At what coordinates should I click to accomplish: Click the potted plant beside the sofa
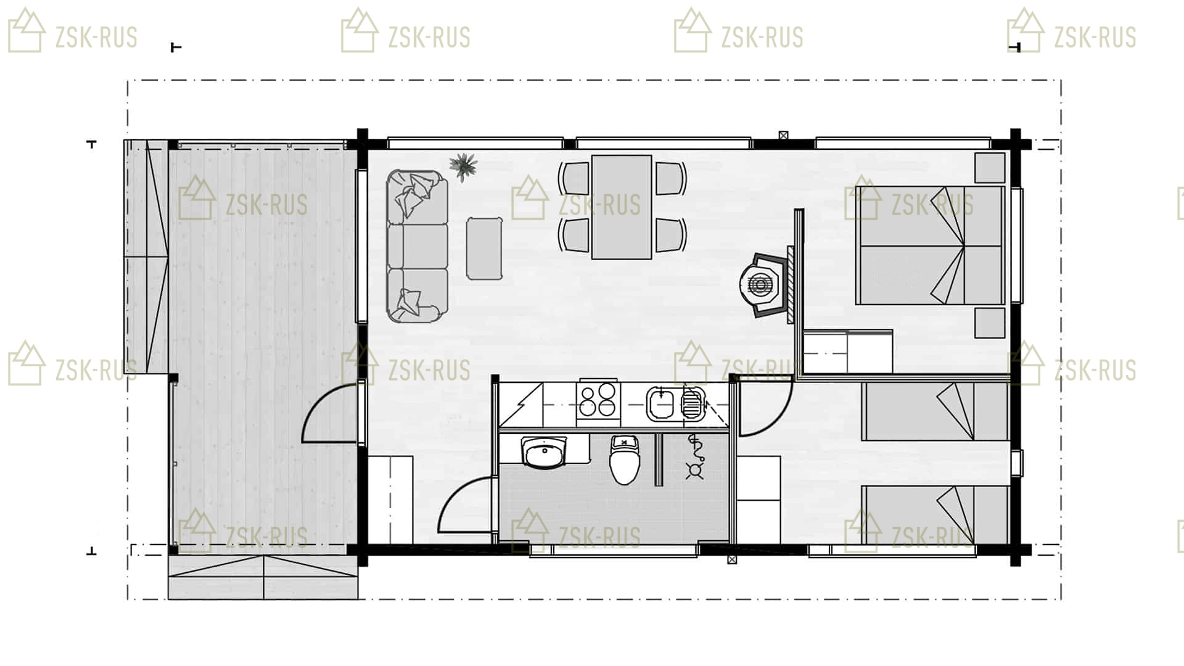coord(463,166)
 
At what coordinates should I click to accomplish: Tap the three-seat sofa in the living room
coord(417,247)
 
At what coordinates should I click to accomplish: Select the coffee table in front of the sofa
coord(484,248)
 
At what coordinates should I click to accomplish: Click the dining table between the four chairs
coord(622,207)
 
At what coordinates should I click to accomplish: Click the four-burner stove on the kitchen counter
coord(598,400)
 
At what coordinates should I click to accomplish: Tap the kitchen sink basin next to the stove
coord(662,404)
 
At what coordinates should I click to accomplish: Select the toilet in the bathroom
coord(625,459)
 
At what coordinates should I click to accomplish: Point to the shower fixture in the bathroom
coord(695,456)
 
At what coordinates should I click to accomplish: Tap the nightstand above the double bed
coord(990,167)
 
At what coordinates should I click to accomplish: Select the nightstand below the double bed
coord(990,323)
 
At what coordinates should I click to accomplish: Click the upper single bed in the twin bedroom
coord(935,411)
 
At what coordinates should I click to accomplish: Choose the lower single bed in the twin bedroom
coord(935,515)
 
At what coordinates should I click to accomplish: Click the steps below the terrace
coord(263,577)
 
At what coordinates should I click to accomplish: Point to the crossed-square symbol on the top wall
coord(783,135)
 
